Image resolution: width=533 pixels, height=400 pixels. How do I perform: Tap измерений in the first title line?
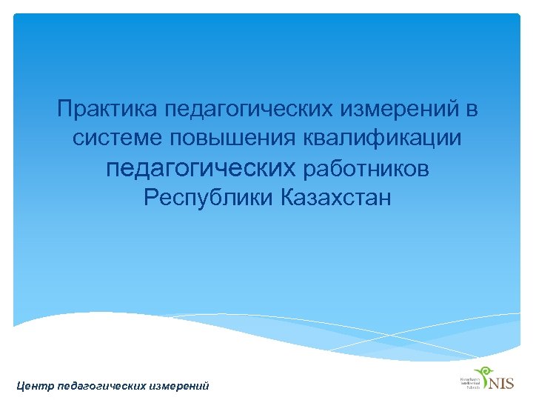[400, 110]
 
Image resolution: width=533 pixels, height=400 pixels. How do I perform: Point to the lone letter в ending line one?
[472, 110]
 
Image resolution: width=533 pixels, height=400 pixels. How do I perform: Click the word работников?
[366, 170]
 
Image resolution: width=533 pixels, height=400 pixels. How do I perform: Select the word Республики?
[209, 199]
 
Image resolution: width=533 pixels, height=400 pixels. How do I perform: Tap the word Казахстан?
[336, 199]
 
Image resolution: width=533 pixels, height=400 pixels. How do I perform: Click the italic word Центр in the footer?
[34, 385]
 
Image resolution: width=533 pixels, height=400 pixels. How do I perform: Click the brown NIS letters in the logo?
[501, 383]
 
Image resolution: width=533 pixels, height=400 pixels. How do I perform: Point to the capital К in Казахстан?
[288, 199]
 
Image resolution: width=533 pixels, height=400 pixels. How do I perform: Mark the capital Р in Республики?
[151, 199]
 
